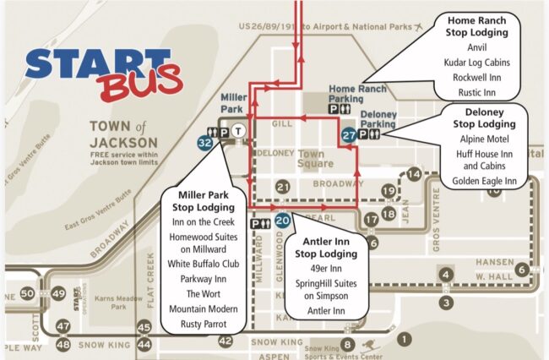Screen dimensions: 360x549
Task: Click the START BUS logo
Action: [x=104, y=69]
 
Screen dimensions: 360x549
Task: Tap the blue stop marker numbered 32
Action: [x=204, y=144]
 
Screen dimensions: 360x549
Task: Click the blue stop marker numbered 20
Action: [x=283, y=221]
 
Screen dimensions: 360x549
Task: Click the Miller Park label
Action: [x=233, y=103]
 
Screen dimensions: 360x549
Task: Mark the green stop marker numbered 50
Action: [x=28, y=293]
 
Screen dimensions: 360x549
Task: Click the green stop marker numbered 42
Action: [x=225, y=341]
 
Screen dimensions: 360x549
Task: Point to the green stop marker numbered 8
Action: [x=346, y=343]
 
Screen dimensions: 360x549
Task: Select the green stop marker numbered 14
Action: [x=413, y=175]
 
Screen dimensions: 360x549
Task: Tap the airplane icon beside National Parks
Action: [x=420, y=27]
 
